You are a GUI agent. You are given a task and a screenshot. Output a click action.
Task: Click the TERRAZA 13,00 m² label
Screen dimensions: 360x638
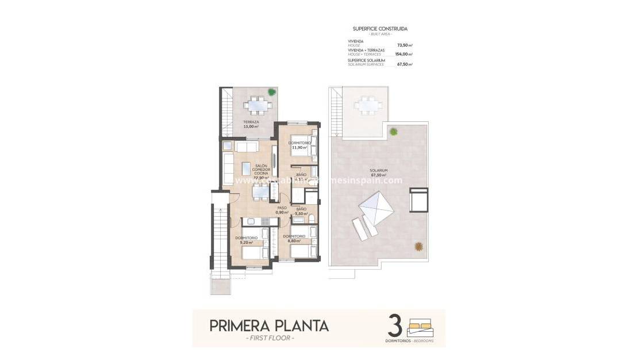click(x=250, y=124)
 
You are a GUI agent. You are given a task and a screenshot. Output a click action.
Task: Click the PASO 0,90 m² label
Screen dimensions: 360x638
click(x=282, y=210)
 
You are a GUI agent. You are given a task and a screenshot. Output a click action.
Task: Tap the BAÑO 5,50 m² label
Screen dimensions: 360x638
click(x=301, y=211)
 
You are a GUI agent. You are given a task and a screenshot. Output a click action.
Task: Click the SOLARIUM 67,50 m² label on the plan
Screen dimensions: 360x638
click(x=378, y=173)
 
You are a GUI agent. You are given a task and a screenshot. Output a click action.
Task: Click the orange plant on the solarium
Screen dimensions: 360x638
click(x=419, y=246)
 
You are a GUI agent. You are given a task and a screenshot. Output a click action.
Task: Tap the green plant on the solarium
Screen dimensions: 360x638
click(x=393, y=132)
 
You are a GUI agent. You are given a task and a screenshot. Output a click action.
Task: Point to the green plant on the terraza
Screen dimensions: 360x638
click(x=271, y=92)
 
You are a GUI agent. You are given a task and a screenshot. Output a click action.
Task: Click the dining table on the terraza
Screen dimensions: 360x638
click(x=256, y=105)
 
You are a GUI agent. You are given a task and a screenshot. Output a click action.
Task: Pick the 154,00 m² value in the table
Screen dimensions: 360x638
click(x=403, y=54)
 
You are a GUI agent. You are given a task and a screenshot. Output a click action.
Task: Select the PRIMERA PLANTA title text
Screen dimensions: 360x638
click(x=269, y=325)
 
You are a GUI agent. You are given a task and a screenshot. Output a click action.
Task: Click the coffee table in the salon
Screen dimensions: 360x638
click(x=246, y=168)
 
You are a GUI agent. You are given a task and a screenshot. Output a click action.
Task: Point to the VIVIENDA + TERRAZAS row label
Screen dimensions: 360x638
click(x=367, y=51)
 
